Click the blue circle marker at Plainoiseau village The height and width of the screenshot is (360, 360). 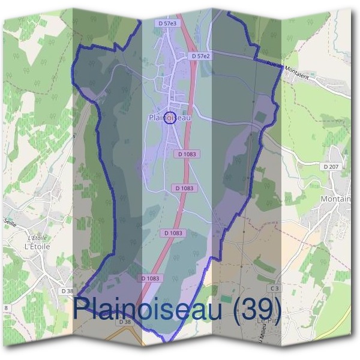tap(170, 117)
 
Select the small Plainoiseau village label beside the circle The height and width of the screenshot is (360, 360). tap(169, 119)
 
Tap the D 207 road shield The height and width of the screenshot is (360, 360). tap(331, 166)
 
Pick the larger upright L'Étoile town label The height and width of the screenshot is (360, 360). tap(37, 246)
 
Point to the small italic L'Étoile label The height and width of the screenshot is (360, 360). tap(38, 238)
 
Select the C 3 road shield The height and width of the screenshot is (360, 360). tap(275, 289)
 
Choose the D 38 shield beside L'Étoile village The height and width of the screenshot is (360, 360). tap(67, 290)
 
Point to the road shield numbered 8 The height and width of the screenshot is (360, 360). tap(6, 308)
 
